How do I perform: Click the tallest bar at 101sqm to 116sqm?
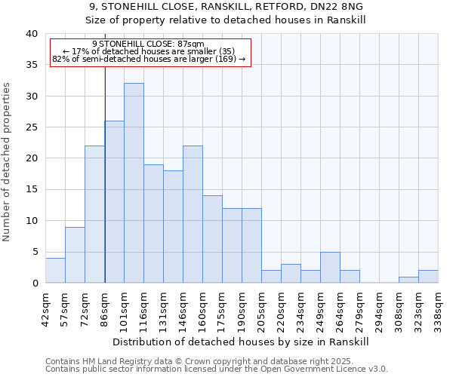pos(134,183)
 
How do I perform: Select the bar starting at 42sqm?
pos(55,271)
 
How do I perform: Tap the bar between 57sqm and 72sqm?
pos(75,255)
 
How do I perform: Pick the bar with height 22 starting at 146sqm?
pos(193,214)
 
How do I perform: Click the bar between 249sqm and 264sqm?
pos(330,268)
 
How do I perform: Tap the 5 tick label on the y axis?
pos(34,252)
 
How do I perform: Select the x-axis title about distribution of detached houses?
pos(241,342)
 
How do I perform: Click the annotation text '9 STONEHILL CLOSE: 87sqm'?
pos(148,44)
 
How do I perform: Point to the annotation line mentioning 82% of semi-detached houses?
pos(149,59)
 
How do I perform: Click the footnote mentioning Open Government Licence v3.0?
pos(217,369)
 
